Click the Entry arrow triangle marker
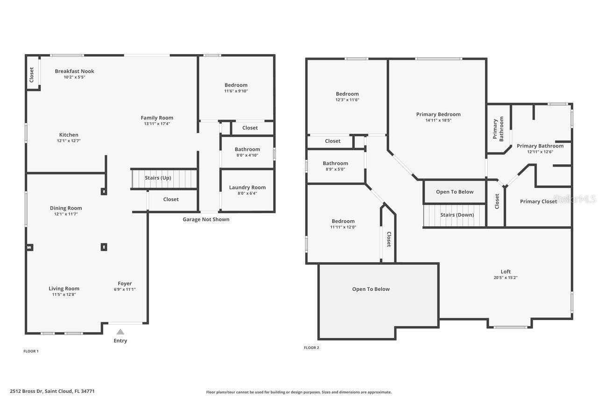120,332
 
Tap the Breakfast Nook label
74,71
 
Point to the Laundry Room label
247,188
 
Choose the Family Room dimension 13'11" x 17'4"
157,124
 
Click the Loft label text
505,272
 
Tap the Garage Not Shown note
206,219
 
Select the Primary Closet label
538,202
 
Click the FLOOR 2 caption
311,348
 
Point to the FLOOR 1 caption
31,351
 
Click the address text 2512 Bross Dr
52,391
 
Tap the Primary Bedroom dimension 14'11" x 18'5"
438,120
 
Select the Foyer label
125,283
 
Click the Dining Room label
66,208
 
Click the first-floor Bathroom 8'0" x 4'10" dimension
247,155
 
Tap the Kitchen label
69,135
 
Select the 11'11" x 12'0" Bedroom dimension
343,227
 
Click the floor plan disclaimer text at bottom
299,392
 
